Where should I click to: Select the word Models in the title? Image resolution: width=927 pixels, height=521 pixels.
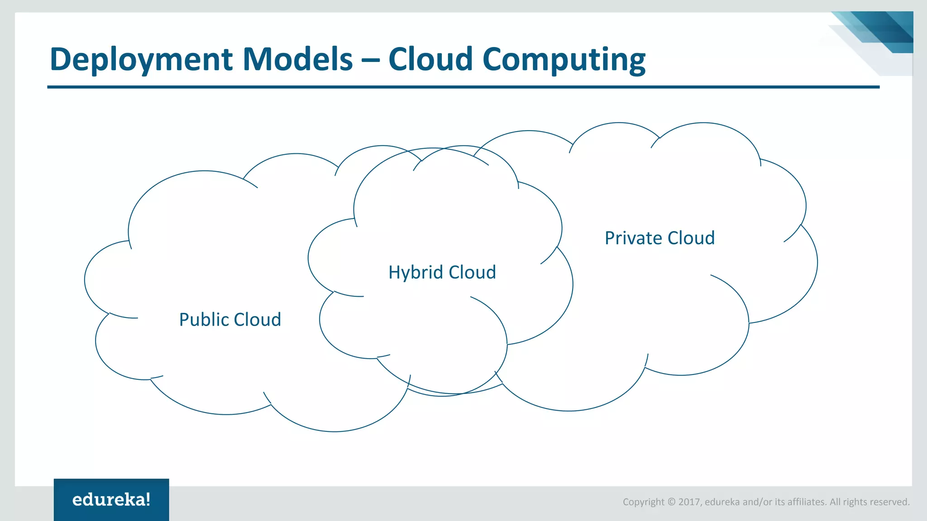(297, 59)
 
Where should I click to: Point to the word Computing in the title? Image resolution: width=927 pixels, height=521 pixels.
(564, 59)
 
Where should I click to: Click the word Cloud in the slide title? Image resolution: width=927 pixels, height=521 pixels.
(430, 59)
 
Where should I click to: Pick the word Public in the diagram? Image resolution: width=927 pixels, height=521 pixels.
(204, 320)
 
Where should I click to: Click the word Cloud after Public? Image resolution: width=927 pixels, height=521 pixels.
(257, 320)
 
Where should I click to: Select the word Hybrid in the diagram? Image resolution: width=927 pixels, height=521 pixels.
(416, 273)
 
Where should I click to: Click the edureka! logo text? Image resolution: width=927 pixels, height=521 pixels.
(111, 500)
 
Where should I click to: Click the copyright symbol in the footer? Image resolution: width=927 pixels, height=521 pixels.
(671, 502)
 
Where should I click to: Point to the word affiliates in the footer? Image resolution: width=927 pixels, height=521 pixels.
(807, 502)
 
